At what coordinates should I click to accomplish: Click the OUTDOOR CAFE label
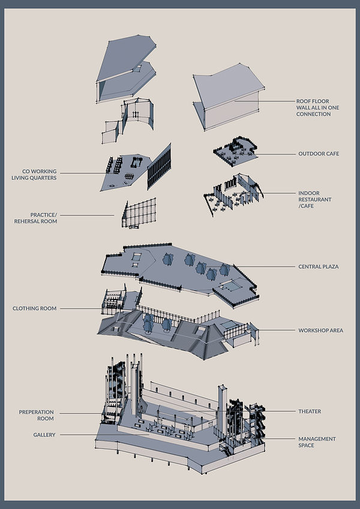pyautogui.click(x=318, y=154)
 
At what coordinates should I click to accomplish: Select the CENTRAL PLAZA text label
pyautogui.click(x=318, y=267)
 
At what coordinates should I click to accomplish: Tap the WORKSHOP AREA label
pyautogui.click(x=320, y=330)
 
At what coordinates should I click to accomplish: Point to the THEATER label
pyautogui.click(x=310, y=411)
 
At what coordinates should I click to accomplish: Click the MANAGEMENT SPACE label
pyautogui.click(x=317, y=442)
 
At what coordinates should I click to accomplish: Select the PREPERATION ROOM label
pyautogui.click(x=36, y=415)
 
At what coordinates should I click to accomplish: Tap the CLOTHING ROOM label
pyautogui.click(x=34, y=309)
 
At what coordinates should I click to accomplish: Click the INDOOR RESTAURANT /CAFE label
pyautogui.click(x=315, y=200)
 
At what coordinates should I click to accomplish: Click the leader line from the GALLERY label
pyautogui.click(x=78, y=435)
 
